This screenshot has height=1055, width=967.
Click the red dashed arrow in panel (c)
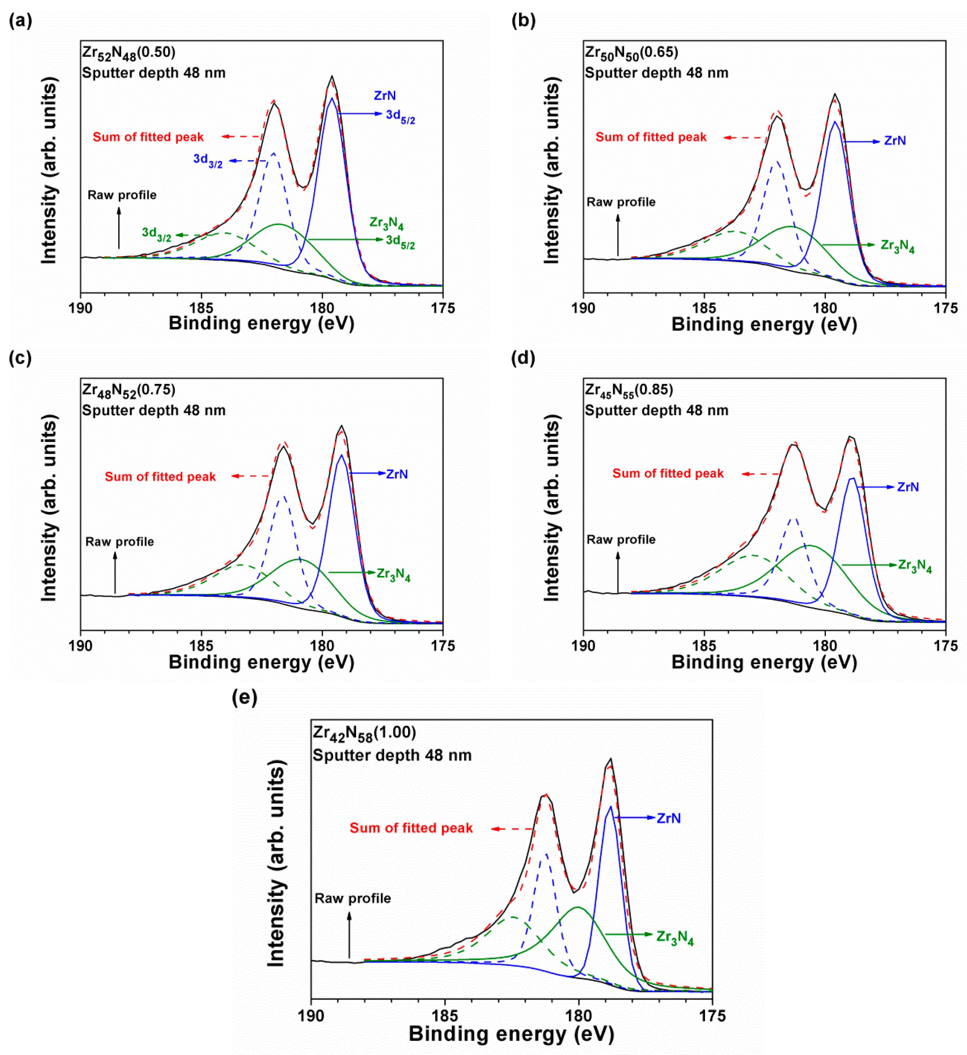(x=251, y=476)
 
